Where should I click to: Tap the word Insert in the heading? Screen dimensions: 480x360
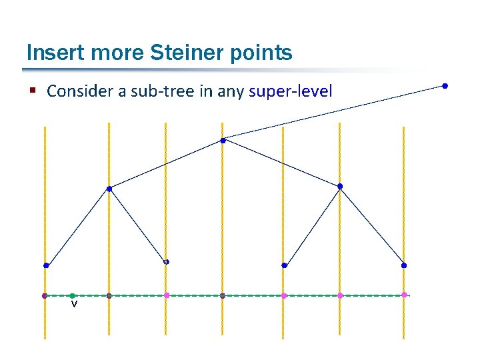tap(50, 53)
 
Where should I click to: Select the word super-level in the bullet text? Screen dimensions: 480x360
tap(290, 91)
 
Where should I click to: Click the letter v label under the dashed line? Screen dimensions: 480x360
tap(74, 305)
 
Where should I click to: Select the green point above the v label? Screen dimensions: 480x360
tap(73, 295)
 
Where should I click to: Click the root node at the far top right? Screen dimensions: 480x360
tap(445, 85)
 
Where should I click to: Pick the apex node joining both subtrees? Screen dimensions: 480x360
tap(223, 141)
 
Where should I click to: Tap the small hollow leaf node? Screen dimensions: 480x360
tap(166, 262)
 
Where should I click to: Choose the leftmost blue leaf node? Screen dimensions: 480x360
tap(46, 265)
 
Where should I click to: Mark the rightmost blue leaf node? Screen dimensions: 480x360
tap(404, 265)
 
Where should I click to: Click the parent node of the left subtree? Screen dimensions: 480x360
tap(109, 189)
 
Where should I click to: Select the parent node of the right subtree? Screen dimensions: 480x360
tap(340, 186)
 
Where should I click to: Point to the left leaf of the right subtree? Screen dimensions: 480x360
tap(284, 265)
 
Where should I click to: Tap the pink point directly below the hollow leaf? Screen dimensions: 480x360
tap(167, 295)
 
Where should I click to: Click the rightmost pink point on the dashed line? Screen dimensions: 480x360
tap(405, 295)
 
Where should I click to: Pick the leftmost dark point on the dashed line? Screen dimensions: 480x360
tap(44, 295)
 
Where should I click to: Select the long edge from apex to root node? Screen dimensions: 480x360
tap(333, 112)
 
